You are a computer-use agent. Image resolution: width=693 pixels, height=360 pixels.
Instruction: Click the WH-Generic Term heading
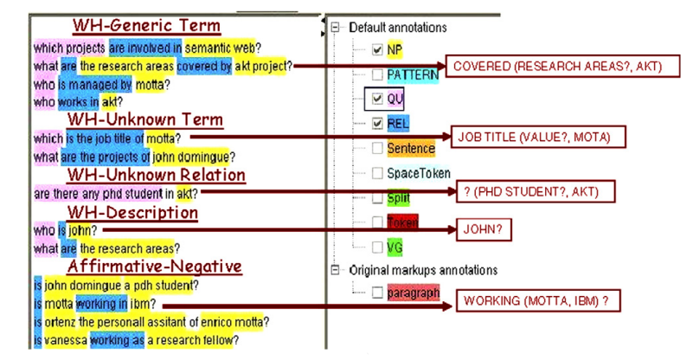(146, 26)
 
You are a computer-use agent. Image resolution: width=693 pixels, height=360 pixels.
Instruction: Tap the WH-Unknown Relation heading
(156, 175)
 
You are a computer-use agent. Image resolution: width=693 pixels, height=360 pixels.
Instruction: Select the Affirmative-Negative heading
(155, 267)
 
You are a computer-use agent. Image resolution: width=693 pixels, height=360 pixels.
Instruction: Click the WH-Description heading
(132, 213)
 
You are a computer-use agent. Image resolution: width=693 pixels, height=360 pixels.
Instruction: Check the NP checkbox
(377, 49)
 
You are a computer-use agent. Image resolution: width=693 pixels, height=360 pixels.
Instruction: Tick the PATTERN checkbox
(377, 74)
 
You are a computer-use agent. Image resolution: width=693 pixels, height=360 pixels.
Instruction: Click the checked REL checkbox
(377, 124)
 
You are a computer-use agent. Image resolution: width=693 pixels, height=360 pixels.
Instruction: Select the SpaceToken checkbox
(377, 173)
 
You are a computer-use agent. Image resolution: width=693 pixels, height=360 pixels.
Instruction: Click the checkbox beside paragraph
(377, 292)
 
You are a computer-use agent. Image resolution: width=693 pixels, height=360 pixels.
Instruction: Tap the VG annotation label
(395, 247)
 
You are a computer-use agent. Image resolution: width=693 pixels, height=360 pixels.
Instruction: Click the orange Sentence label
(411, 149)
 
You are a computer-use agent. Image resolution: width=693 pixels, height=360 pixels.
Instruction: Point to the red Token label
(402, 222)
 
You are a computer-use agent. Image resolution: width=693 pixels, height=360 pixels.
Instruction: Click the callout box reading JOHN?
(484, 229)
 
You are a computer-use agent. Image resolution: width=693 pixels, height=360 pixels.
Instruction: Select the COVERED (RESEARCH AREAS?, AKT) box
(562, 67)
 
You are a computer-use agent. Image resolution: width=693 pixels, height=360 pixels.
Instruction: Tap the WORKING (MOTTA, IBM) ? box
(538, 301)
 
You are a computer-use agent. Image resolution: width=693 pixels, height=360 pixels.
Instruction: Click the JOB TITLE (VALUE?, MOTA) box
(538, 137)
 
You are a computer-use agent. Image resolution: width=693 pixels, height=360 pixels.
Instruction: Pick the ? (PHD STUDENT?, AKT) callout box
(536, 192)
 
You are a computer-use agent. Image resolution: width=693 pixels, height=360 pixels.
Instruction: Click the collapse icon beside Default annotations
(335, 28)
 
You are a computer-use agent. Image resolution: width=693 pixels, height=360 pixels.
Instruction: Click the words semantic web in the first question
(222, 48)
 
